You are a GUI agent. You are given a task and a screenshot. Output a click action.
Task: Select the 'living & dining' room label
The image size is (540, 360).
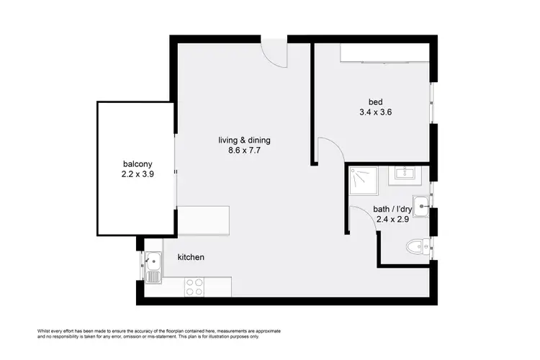tap(245, 140)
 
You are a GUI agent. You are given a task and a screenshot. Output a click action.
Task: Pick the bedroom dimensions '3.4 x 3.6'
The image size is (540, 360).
tap(374, 112)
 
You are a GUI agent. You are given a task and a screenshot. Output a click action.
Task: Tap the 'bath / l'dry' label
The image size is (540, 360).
tap(394, 210)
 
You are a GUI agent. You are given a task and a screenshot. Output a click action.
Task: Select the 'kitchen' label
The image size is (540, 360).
tap(191, 257)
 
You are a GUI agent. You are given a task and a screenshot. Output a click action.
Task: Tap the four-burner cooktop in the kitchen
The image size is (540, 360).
tap(194, 287)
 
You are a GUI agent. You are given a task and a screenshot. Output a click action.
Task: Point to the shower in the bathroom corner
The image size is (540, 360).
tap(364, 181)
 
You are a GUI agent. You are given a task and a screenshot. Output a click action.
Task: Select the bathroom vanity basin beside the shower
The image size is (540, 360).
tap(404, 174)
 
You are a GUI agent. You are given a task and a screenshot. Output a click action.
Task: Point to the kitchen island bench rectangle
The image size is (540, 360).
tap(203, 220)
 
